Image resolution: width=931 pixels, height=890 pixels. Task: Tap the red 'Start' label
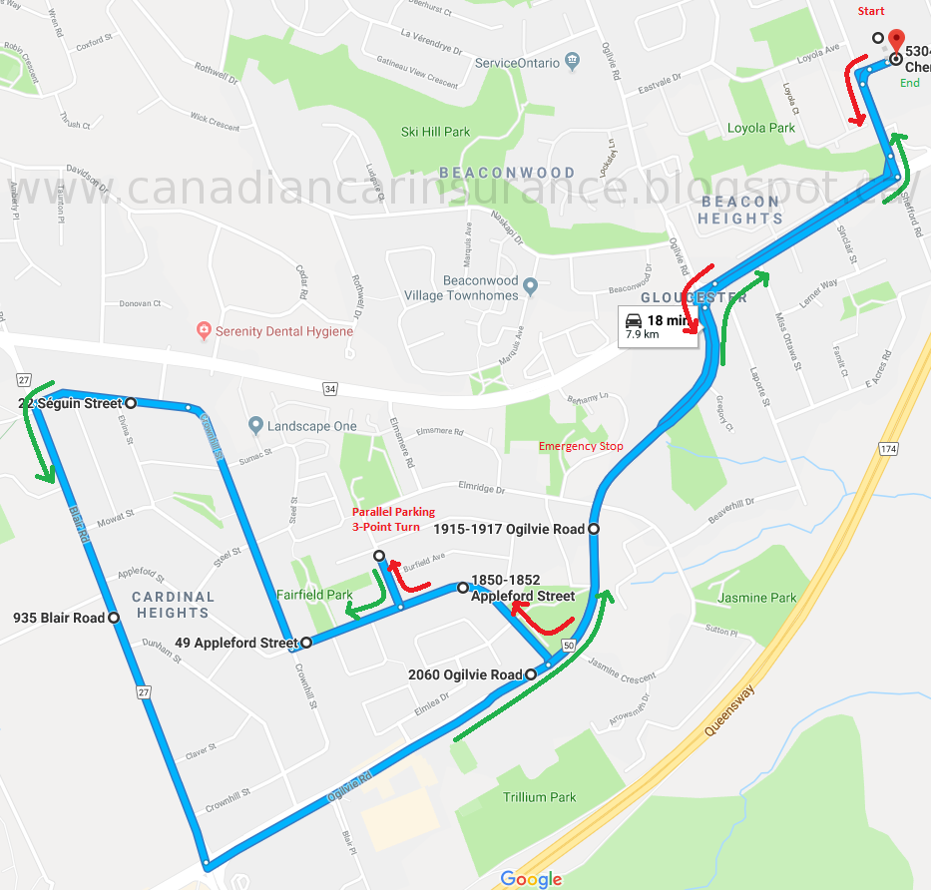871,11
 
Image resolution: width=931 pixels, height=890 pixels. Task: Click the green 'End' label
909,83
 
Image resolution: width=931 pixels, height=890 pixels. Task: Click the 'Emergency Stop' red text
581,446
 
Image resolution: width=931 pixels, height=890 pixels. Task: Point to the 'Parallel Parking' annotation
393,512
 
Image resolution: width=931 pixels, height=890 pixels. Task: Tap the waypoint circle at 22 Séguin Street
131,402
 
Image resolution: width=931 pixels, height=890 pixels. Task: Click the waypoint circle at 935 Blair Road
114,618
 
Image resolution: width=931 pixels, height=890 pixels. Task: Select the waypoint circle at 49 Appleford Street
305,643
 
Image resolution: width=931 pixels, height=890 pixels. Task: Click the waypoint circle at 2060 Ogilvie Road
530,675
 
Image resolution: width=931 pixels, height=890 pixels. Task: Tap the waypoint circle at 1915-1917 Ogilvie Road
594,529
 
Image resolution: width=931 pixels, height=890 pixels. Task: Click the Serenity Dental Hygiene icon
204,330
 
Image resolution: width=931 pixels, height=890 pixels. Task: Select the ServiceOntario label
518,62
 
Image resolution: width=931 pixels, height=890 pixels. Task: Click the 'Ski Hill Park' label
435,131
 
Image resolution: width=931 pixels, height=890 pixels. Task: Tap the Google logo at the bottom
531,878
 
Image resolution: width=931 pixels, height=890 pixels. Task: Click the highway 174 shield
888,450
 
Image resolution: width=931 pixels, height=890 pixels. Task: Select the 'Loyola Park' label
761,128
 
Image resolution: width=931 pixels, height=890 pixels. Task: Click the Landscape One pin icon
256,426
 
